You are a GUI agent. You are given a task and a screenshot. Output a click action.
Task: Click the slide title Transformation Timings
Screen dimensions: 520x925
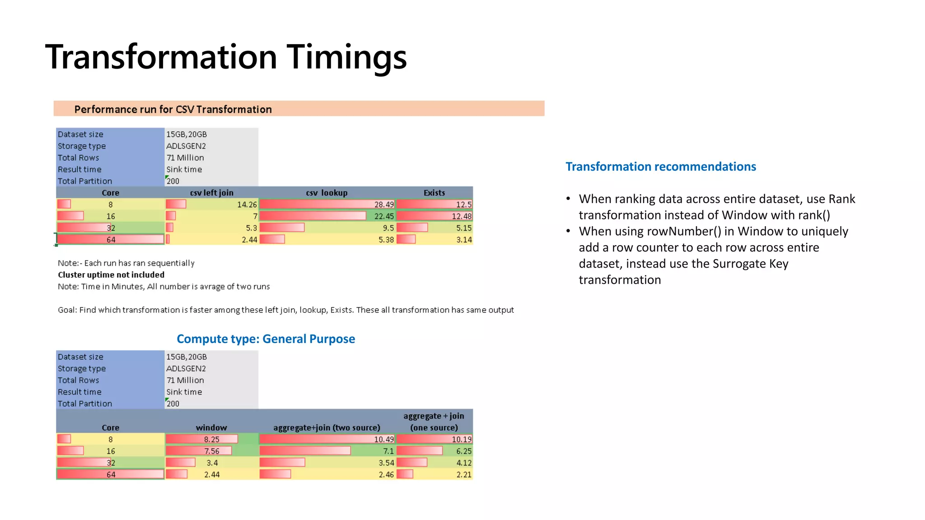[x=226, y=57]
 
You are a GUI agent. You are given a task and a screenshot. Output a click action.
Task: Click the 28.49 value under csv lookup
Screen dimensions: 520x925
[x=384, y=204]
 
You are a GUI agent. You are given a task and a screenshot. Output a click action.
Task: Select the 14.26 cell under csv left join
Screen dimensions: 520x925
[x=247, y=204]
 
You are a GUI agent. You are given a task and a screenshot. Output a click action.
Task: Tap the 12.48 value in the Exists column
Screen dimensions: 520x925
[x=462, y=216]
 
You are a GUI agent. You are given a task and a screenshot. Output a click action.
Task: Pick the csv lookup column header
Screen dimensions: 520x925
[x=327, y=193]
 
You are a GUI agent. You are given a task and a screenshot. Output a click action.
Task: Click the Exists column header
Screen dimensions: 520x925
[x=434, y=193]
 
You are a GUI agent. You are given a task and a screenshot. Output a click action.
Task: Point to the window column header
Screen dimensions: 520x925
[x=211, y=427]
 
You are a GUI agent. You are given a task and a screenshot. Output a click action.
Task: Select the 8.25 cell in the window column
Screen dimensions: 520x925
[x=211, y=439]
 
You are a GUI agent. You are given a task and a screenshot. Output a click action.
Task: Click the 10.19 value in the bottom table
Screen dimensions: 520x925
[x=462, y=439]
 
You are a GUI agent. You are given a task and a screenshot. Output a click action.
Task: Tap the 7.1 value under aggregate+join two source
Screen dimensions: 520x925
[x=388, y=451]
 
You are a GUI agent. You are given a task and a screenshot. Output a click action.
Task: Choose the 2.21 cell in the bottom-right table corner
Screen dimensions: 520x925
[x=464, y=474]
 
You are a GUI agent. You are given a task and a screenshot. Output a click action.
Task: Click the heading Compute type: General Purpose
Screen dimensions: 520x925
[x=266, y=339]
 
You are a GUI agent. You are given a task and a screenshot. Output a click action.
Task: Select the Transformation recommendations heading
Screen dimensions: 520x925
[x=661, y=167]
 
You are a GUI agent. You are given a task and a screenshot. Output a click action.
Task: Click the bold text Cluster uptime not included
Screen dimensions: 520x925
[x=111, y=275]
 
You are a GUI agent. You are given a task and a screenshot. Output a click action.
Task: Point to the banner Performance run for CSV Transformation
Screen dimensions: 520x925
[x=173, y=109]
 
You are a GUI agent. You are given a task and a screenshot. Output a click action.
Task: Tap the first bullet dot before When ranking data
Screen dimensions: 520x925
[x=569, y=199]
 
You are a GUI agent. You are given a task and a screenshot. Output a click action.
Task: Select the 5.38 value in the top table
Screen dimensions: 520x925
[x=386, y=240]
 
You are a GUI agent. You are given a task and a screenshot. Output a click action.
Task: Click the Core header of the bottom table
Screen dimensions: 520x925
[x=110, y=427]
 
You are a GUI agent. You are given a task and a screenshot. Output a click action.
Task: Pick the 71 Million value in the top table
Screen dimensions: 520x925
[x=185, y=158]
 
